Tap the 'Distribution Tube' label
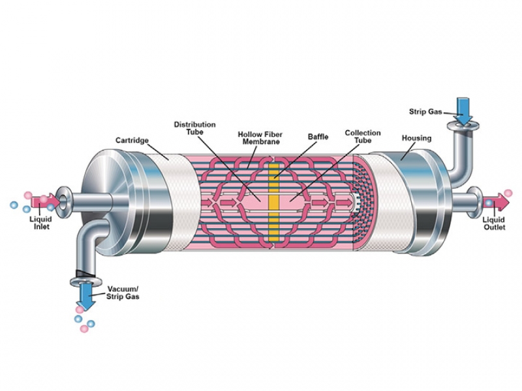click(194, 128)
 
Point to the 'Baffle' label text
click(318, 137)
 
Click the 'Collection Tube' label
click(363, 137)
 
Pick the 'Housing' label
click(416, 138)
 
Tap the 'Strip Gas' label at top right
click(425, 111)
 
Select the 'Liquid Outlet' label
click(493, 224)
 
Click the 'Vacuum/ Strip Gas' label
click(123, 293)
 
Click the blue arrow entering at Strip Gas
click(464, 109)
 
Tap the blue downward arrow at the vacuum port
click(85, 297)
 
